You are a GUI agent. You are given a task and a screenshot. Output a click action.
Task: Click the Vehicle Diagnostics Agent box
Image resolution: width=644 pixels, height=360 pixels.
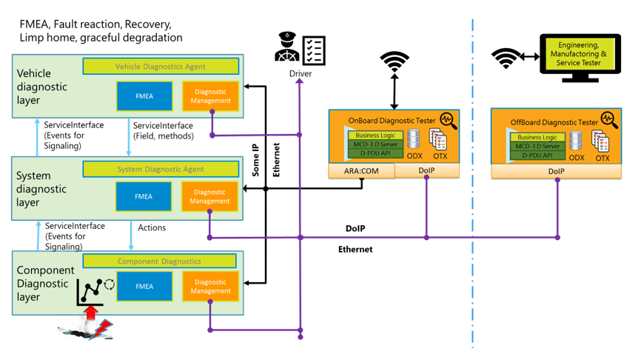click(160, 67)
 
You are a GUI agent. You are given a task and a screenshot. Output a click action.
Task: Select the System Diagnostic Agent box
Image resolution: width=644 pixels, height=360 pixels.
click(160, 170)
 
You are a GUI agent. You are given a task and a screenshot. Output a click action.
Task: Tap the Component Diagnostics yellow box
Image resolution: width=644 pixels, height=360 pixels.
click(159, 261)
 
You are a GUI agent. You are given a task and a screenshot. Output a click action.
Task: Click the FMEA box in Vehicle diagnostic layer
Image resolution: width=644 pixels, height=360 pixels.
click(144, 96)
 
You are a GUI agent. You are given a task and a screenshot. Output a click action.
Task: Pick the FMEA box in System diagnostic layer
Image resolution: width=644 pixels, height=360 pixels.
click(144, 196)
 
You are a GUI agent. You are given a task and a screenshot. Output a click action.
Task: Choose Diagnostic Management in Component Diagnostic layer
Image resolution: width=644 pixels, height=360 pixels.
click(210, 287)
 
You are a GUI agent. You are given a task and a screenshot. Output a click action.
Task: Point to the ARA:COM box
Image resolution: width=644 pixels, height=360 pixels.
click(361, 170)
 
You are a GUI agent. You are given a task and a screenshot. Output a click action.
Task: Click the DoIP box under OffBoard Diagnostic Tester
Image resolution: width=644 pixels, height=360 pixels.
click(556, 171)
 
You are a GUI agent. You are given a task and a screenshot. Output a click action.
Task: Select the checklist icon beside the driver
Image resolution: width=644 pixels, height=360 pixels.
click(314, 49)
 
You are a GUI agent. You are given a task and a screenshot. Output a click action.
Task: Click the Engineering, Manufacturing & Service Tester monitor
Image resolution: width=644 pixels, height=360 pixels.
click(581, 55)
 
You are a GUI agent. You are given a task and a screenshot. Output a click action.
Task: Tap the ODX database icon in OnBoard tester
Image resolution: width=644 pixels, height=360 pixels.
click(414, 139)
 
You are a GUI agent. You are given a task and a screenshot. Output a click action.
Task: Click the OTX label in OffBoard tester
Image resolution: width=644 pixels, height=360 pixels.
click(603, 158)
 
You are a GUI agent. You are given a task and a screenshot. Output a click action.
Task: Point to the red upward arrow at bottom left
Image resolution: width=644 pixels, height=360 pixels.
click(92, 312)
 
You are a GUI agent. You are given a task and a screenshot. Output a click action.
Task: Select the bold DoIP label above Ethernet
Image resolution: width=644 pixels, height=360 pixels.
click(355, 228)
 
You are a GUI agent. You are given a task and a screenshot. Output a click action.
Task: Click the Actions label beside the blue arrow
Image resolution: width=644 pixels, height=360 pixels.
click(152, 227)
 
